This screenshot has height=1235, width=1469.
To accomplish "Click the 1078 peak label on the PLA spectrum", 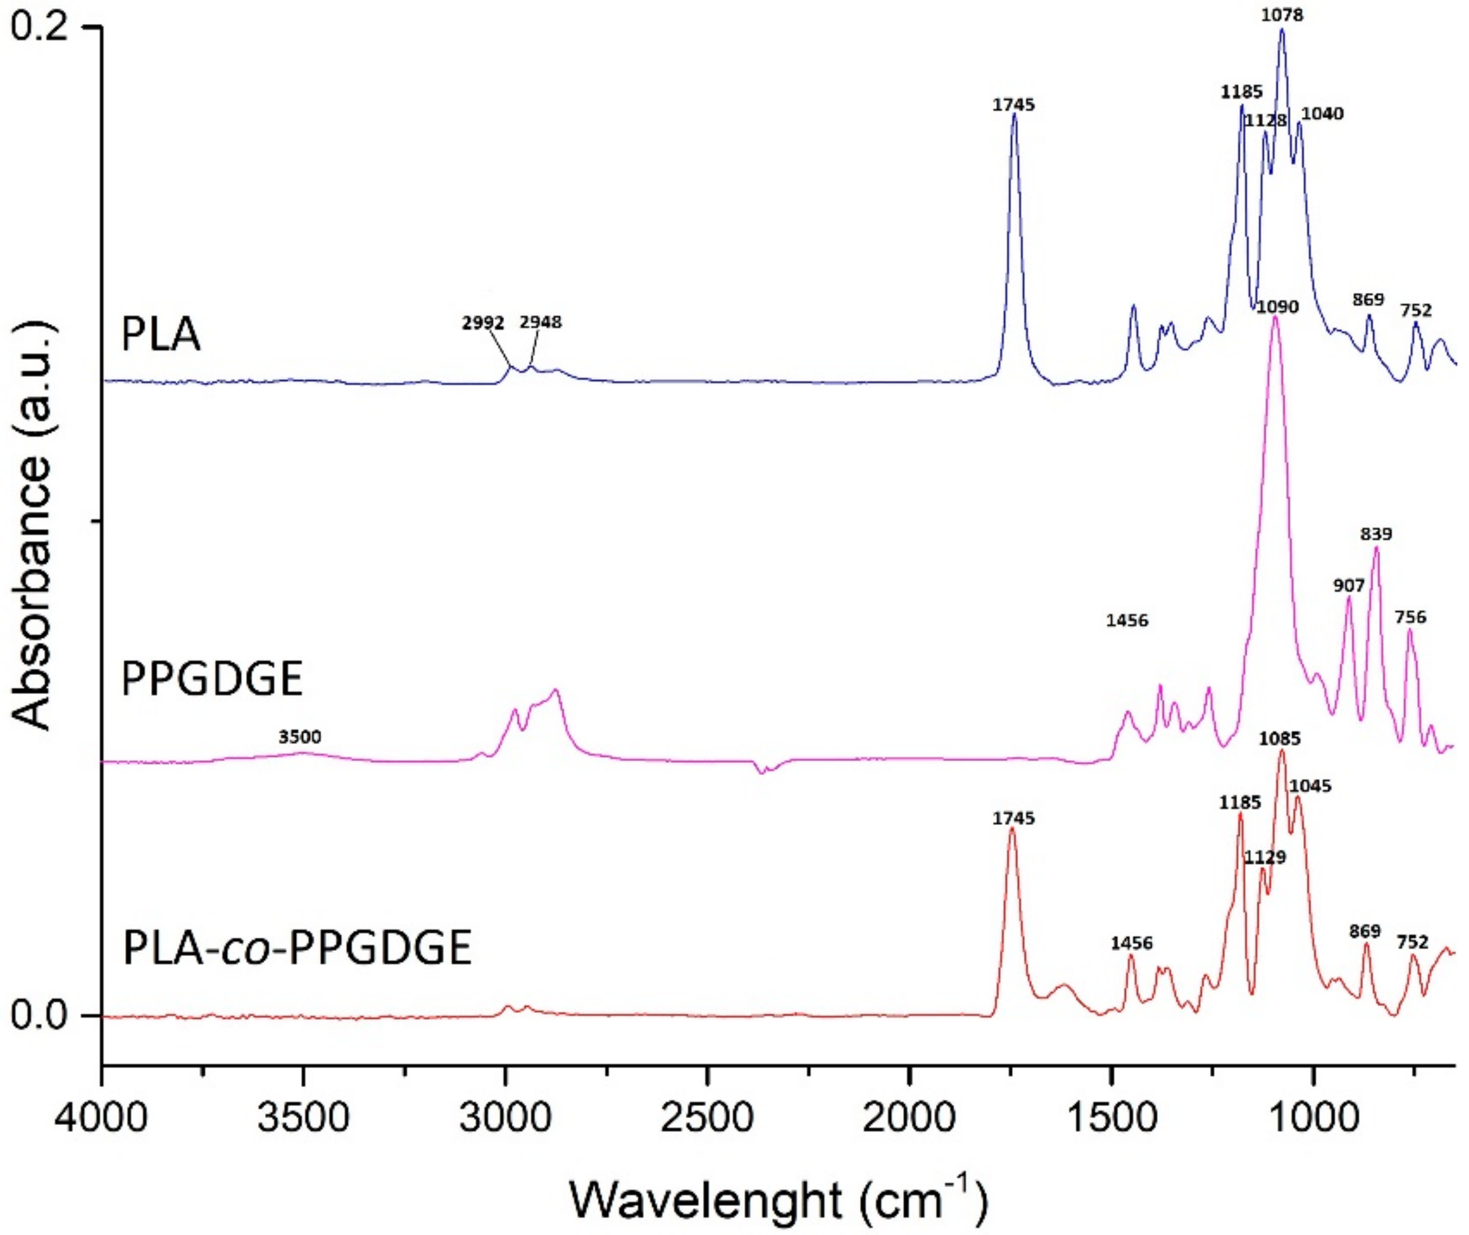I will click(1283, 15).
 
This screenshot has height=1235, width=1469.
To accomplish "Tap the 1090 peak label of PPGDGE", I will click(1278, 307).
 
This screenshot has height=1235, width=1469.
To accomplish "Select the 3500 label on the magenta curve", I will click(300, 737).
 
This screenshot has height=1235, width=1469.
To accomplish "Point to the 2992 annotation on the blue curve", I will click(483, 323).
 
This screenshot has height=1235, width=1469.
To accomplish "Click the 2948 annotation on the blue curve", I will click(540, 323).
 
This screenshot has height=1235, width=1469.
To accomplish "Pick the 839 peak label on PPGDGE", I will click(1376, 534).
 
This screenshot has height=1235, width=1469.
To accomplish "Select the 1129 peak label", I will click(1265, 858).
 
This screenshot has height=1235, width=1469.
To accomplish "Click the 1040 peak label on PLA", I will click(1322, 113).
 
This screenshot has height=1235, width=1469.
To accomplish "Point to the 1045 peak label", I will click(1310, 787).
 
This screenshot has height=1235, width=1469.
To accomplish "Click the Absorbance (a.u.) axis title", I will click(33, 521).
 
